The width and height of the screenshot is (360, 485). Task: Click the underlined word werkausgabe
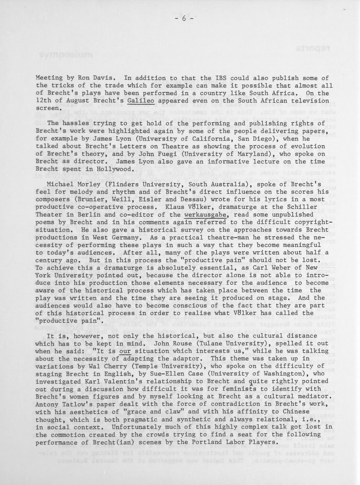click(206, 215)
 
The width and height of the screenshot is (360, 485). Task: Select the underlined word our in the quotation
click(125, 351)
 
